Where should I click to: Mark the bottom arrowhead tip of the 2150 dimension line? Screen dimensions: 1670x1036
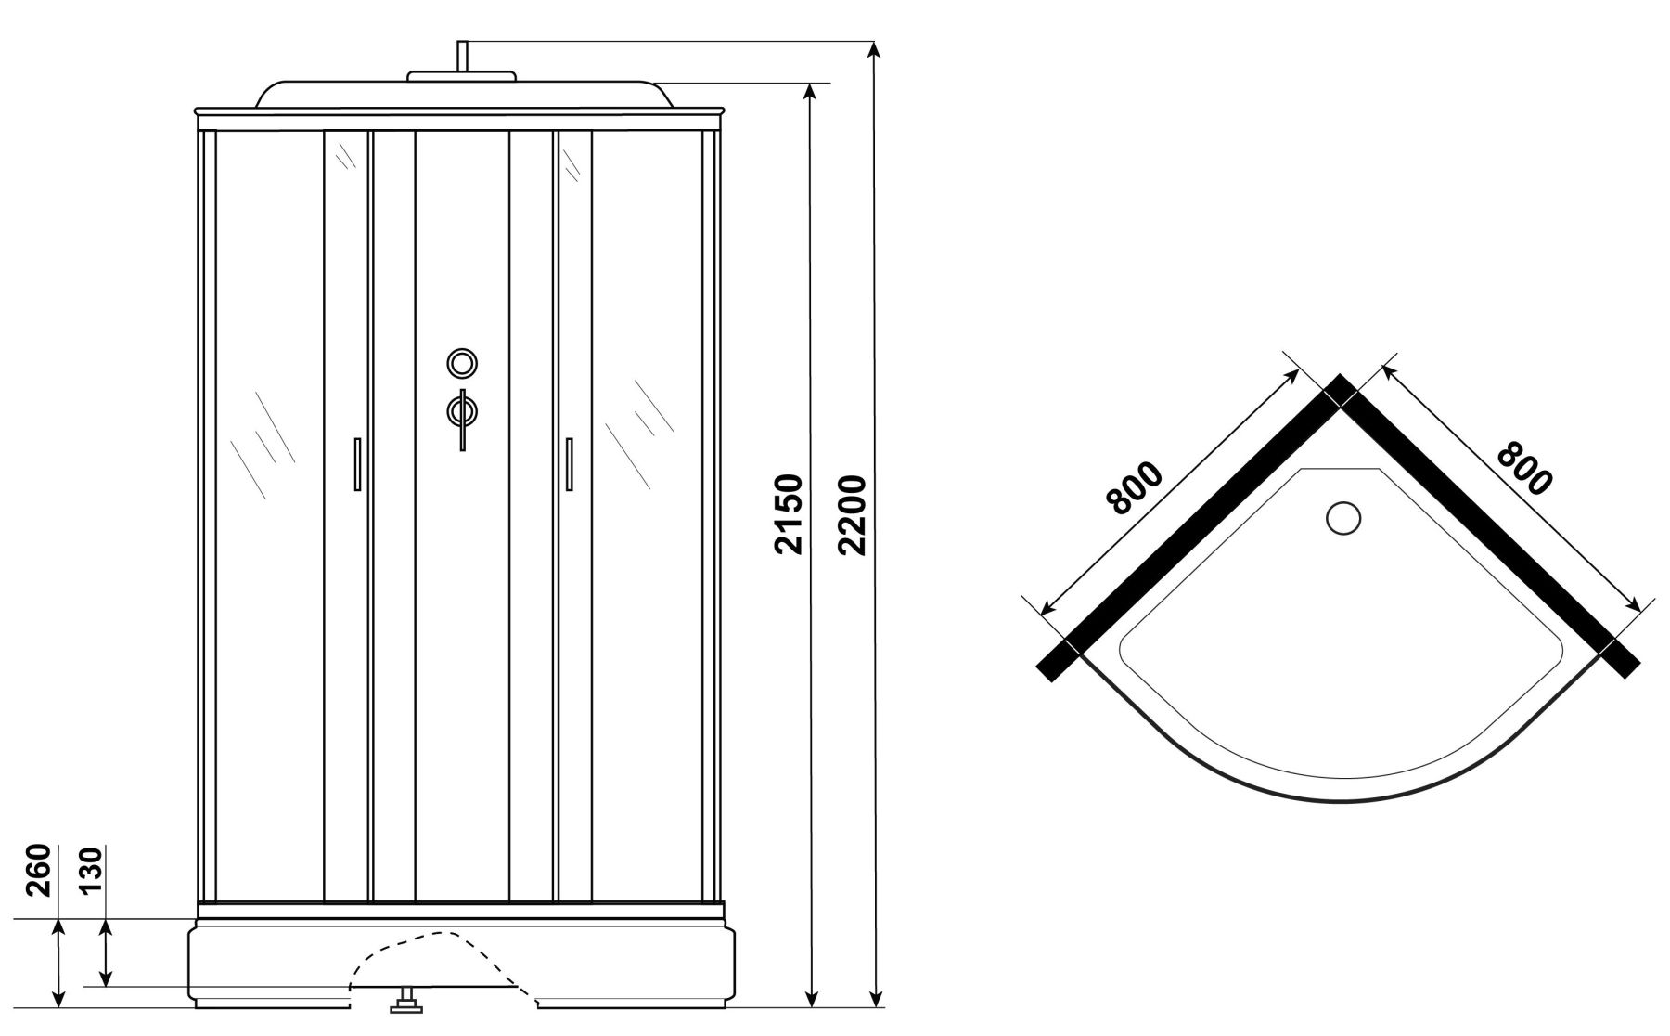(x=812, y=1006)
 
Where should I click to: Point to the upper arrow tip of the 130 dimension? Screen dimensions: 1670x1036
(x=106, y=920)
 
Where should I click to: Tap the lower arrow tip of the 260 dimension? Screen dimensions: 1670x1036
(x=59, y=1006)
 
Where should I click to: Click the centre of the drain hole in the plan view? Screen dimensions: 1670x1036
(x=1342, y=518)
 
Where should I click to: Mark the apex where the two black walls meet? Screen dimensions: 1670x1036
(x=1339, y=375)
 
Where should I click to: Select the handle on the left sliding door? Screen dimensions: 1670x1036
(x=356, y=463)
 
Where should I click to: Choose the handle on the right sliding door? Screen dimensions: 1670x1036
(x=569, y=463)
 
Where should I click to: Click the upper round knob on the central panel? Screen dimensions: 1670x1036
(x=461, y=363)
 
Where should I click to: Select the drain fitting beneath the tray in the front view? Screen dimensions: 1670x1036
(x=406, y=1000)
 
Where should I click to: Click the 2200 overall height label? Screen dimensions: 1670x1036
(x=851, y=515)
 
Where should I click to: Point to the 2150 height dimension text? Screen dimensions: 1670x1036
(x=788, y=515)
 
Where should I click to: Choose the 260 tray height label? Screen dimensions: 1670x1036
(x=37, y=870)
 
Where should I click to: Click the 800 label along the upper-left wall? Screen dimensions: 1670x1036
(x=1135, y=487)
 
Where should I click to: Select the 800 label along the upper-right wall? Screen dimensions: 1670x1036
(x=1523, y=469)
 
